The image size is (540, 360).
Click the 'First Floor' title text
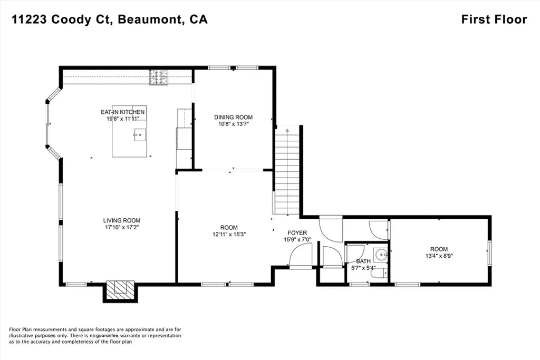pyautogui.click(x=494, y=20)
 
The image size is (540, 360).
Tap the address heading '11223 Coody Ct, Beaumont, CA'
pyautogui.click(x=110, y=20)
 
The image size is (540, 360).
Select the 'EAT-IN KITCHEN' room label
pyautogui.click(x=122, y=112)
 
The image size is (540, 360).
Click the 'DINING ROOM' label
pyautogui.click(x=234, y=118)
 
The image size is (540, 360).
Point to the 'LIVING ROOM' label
pyautogui.click(x=122, y=221)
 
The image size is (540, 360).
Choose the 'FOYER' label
pyautogui.click(x=297, y=233)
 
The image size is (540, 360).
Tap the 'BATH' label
pyautogui.click(x=363, y=261)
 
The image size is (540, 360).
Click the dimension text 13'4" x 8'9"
pyautogui.click(x=439, y=256)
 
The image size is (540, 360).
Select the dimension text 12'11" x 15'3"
pyautogui.click(x=229, y=235)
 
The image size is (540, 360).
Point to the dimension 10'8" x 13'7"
pyautogui.click(x=234, y=124)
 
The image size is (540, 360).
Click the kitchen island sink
pyautogui.click(x=140, y=135)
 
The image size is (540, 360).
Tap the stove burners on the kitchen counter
pyautogui.click(x=158, y=77)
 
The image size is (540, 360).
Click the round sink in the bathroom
pyautogui.click(x=382, y=255)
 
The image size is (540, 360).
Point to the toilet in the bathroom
pyautogui.click(x=380, y=273)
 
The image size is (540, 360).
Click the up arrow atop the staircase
pyautogui.click(x=287, y=130)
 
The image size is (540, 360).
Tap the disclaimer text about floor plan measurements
pyautogui.click(x=95, y=336)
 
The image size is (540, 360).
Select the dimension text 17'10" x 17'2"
pyautogui.click(x=122, y=228)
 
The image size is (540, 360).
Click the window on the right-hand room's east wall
pyautogui.click(x=489, y=253)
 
